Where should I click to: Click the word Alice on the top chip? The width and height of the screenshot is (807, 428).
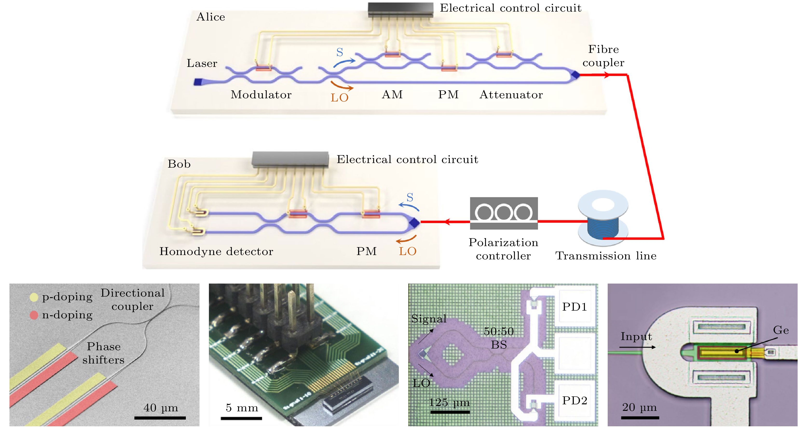(x=211, y=17)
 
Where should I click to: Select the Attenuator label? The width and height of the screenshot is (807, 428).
(x=511, y=95)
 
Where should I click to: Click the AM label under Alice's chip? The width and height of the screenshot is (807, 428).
(x=392, y=94)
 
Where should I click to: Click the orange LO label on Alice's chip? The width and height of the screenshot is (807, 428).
(x=340, y=98)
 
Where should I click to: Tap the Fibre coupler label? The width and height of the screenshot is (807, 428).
(x=603, y=56)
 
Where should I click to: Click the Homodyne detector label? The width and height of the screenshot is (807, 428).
(x=216, y=251)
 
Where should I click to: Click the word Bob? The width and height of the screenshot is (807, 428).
(x=179, y=164)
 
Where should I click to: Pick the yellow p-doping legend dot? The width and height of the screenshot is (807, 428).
(x=34, y=297)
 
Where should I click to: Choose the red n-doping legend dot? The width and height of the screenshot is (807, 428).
(x=34, y=315)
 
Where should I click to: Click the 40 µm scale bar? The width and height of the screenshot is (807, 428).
(x=160, y=418)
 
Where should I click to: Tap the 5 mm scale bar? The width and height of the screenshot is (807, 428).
(x=241, y=418)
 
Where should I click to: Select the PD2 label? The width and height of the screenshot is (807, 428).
(x=574, y=401)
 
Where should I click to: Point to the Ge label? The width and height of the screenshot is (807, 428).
(x=781, y=330)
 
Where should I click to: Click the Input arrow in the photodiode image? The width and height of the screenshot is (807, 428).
(x=637, y=347)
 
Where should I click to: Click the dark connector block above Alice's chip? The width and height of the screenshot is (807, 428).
(x=400, y=10)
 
